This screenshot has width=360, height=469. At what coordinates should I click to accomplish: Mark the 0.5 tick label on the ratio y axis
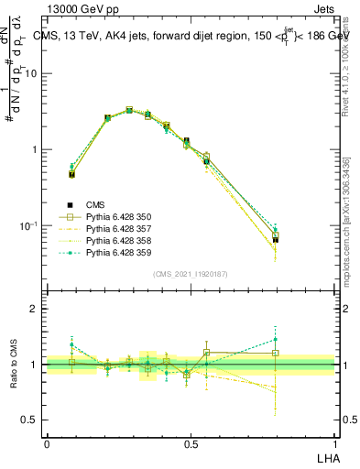coord(29,420)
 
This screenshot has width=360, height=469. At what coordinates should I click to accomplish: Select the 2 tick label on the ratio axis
coord(33,310)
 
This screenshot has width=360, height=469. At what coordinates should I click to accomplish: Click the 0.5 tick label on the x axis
coord(191,443)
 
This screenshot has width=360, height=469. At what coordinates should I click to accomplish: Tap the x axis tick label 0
coord(47,443)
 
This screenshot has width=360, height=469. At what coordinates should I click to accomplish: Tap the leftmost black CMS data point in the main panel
coord(71,174)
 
